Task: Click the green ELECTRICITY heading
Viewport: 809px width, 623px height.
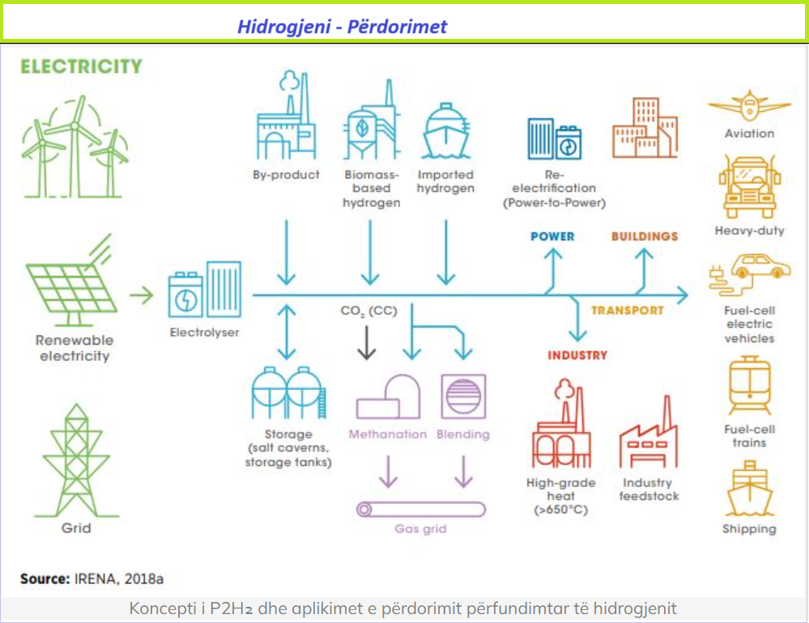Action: (81, 66)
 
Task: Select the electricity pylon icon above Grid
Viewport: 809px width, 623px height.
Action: (76, 460)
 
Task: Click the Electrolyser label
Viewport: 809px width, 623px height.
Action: (204, 333)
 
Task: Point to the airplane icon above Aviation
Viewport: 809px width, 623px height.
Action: (749, 106)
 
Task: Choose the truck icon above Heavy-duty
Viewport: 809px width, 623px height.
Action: (750, 187)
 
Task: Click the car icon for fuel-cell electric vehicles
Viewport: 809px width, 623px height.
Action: (750, 274)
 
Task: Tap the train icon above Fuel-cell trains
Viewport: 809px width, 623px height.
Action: (750, 385)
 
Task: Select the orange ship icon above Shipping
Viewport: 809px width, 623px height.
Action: (749, 489)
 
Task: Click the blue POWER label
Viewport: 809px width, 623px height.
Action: (552, 236)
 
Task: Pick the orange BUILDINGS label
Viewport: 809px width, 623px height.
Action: (645, 236)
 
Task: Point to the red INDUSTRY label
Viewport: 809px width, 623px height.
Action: (577, 355)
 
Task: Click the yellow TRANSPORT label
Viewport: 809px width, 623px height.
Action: (628, 310)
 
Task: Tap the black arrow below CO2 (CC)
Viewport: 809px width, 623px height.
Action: (367, 342)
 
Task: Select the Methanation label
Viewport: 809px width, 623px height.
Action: (388, 434)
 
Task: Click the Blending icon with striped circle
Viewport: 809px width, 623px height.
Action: (463, 396)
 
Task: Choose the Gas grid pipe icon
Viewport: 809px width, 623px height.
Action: (421, 510)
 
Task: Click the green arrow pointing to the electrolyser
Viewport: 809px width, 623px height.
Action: (142, 295)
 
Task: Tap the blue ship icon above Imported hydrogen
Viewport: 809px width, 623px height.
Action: (445, 131)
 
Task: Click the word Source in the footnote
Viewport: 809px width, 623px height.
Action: (45, 578)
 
